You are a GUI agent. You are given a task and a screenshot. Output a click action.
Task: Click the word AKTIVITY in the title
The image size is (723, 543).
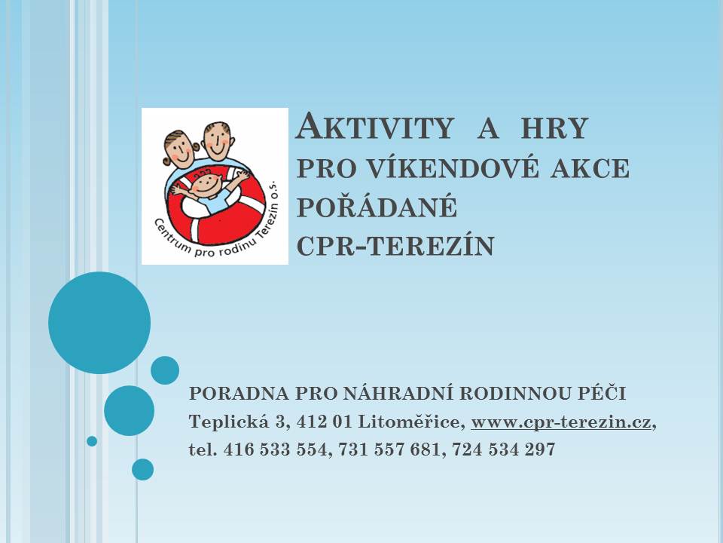tap(374, 126)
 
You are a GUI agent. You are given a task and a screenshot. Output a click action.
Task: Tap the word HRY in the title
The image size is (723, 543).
tap(554, 128)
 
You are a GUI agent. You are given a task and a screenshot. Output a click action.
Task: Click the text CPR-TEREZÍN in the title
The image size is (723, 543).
tap(395, 245)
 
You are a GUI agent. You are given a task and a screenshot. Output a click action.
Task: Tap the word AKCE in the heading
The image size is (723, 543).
tap(590, 167)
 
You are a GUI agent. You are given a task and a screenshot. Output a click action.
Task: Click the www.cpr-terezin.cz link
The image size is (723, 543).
tap(560, 422)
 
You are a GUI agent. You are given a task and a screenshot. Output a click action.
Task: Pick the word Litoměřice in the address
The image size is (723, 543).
tap(411, 422)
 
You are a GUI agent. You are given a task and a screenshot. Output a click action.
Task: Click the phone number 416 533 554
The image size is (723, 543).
tap(276, 449)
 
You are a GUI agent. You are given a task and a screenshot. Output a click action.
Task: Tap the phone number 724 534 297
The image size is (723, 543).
tap(504, 449)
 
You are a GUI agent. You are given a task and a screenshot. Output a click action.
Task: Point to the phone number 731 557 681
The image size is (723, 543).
tap(390, 449)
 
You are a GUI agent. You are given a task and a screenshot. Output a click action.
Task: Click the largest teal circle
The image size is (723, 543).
tap(99, 323)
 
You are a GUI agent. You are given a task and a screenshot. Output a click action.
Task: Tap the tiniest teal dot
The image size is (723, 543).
tap(92, 441)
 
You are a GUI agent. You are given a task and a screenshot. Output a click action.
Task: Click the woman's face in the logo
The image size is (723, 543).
tap(180, 148)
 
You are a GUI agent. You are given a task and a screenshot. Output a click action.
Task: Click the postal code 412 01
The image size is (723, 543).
tap(325, 422)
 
